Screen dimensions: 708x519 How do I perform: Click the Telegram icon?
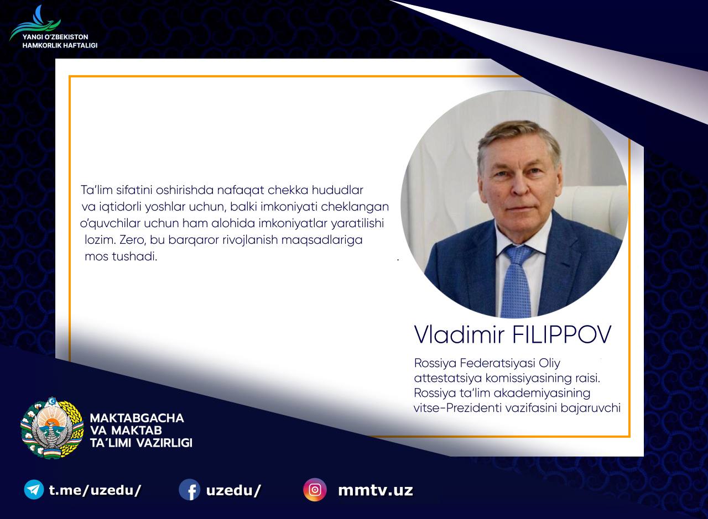coord(34,490)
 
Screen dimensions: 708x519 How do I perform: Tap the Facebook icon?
coord(189,490)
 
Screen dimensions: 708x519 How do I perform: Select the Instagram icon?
coord(315,490)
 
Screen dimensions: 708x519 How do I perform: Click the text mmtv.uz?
coord(376,491)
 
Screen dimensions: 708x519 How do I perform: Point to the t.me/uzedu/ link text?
coord(95,491)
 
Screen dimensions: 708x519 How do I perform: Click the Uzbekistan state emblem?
coord(52,428)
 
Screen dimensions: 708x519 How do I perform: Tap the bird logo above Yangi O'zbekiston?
coord(35,23)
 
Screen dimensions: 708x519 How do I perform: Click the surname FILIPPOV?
coord(562,334)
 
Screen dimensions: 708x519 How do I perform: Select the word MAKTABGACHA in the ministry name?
coord(137,418)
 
